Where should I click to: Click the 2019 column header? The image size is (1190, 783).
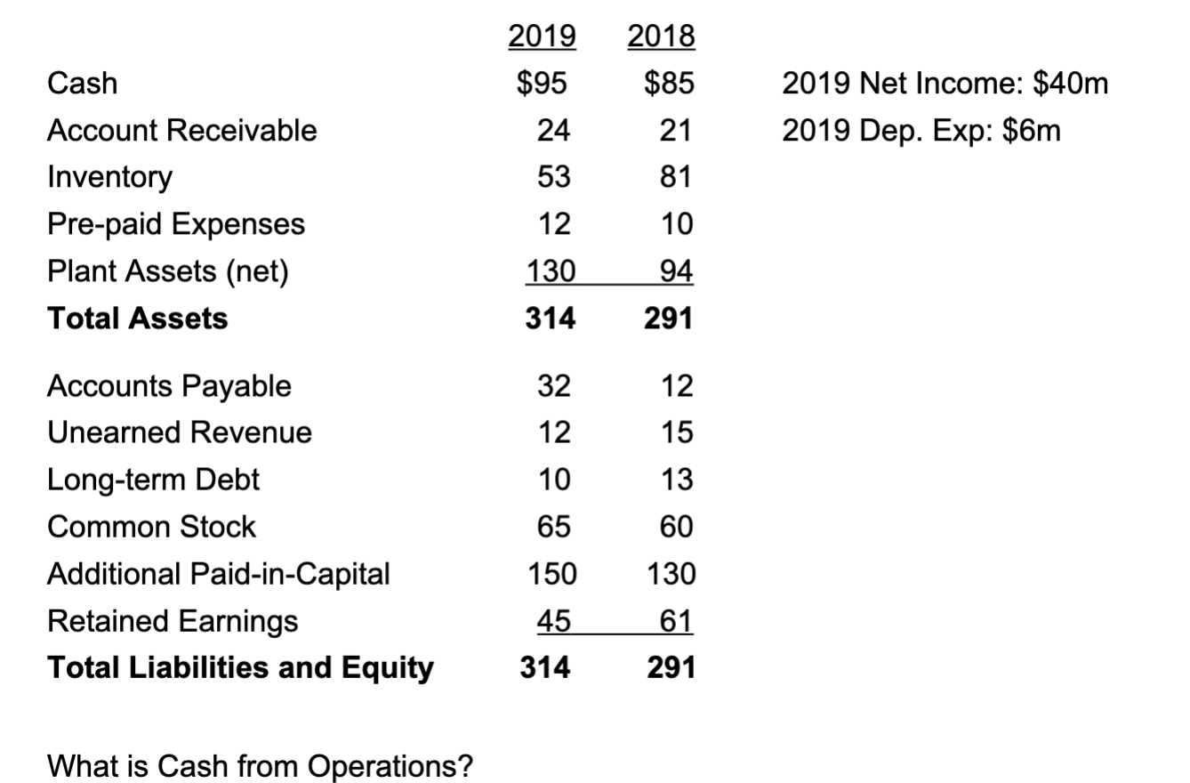(x=542, y=36)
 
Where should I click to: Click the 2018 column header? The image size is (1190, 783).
(x=661, y=36)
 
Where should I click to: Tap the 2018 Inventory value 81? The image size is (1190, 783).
(x=676, y=177)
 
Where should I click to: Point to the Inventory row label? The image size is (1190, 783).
(x=109, y=177)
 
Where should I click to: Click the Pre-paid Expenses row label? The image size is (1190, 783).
(x=175, y=224)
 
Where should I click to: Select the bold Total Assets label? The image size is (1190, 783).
(x=137, y=318)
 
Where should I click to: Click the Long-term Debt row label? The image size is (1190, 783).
(x=153, y=480)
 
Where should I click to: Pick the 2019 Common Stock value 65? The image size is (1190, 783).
(x=553, y=527)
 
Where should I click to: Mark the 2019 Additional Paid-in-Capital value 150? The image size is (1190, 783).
(x=553, y=574)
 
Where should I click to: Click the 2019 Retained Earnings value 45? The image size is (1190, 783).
(x=553, y=621)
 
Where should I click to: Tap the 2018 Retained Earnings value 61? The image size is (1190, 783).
(x=676, y=621)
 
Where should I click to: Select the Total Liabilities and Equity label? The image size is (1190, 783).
(x=240, y=667)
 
